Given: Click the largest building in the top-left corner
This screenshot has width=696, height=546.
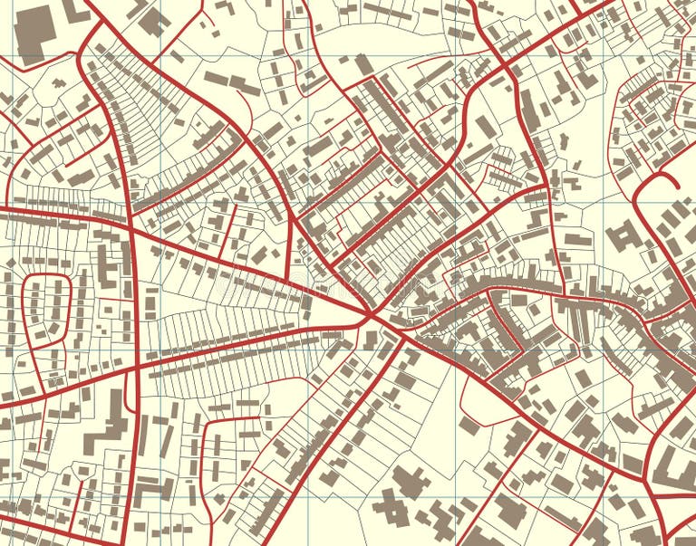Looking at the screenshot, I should pos(35,34).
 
